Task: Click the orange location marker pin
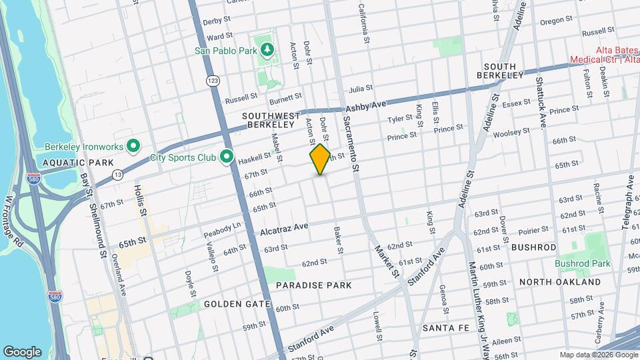(x=320, y=159)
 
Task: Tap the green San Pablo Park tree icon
(x=267, y=49)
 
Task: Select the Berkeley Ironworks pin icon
(x=133, y=145)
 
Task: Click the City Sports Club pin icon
(x=227, y=157)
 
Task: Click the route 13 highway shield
(x=117, y=174)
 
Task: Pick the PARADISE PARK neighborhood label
(x=314, y=285)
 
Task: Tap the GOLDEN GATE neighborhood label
(x=237, y=304)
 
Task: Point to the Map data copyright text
(x=598, y=355)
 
